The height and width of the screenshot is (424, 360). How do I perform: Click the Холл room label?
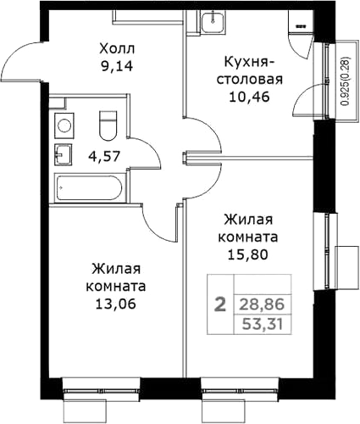(x=117, y=49)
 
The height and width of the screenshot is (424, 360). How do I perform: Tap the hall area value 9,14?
(x=117, y=66)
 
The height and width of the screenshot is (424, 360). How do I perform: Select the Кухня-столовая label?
(x=249, y=70)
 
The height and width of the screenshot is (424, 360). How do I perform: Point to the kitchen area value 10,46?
(x=250, y=97)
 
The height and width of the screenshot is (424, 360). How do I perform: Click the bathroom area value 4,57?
(x=104, y=156)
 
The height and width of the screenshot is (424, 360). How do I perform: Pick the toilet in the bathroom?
(x=108, y=126)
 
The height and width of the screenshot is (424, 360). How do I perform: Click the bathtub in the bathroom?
(x=89, y=187)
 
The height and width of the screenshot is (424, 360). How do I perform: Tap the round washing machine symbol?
(x=64, y=126)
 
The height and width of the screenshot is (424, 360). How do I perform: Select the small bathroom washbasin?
(x=64, y=154)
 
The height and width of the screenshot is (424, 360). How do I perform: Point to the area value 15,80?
(x=248, y=255)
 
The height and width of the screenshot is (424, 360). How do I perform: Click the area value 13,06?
(x=116, y=304)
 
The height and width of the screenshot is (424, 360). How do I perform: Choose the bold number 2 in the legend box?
(x=220, y=304)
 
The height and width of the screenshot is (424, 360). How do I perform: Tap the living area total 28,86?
(x=262, y=304)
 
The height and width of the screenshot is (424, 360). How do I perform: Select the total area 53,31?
(x=263, y=324)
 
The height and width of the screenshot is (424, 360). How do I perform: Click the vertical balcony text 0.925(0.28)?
(x=346, y=81)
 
